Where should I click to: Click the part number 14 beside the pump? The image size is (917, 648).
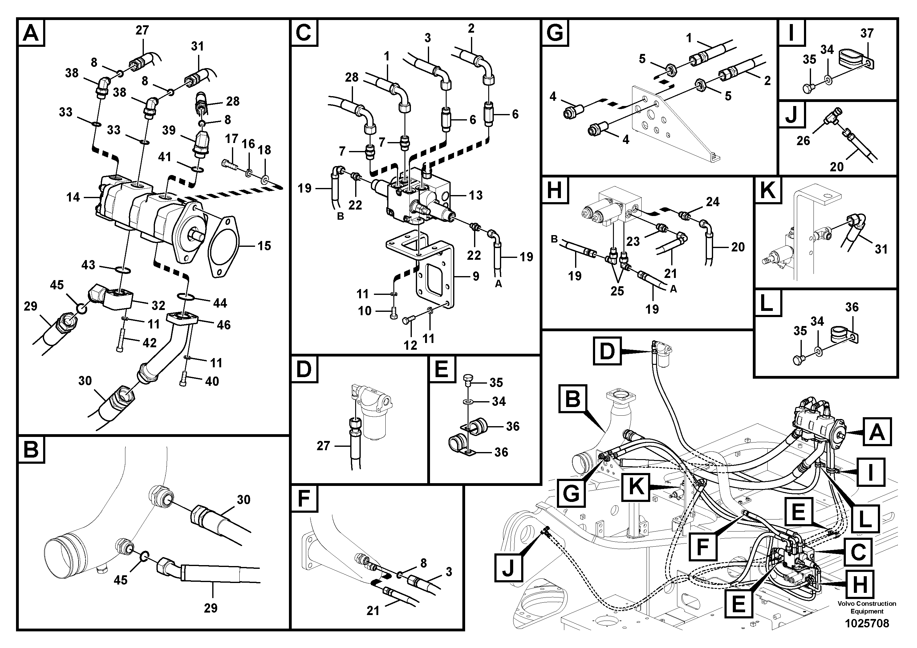[73, 197]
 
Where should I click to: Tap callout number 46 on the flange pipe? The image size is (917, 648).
[223, 324]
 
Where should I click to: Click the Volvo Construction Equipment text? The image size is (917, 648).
[867, 607]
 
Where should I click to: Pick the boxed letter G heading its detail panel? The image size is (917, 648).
[555, 32]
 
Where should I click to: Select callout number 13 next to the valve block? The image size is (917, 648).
[475, 195]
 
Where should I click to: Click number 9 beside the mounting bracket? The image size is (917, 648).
[476, 276]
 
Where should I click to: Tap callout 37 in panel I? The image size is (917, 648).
[867, 33]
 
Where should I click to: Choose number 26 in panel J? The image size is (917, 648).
[803, 141]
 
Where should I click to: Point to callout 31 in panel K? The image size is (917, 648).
[881, 249]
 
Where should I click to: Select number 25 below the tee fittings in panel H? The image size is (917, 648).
[617, 291]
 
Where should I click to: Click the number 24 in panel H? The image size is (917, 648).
[712, 202]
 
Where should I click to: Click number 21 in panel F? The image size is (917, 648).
[373, 610]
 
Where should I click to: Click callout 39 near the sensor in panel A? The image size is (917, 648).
[168, 130]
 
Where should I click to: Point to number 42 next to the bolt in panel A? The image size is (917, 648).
[149, 343]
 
